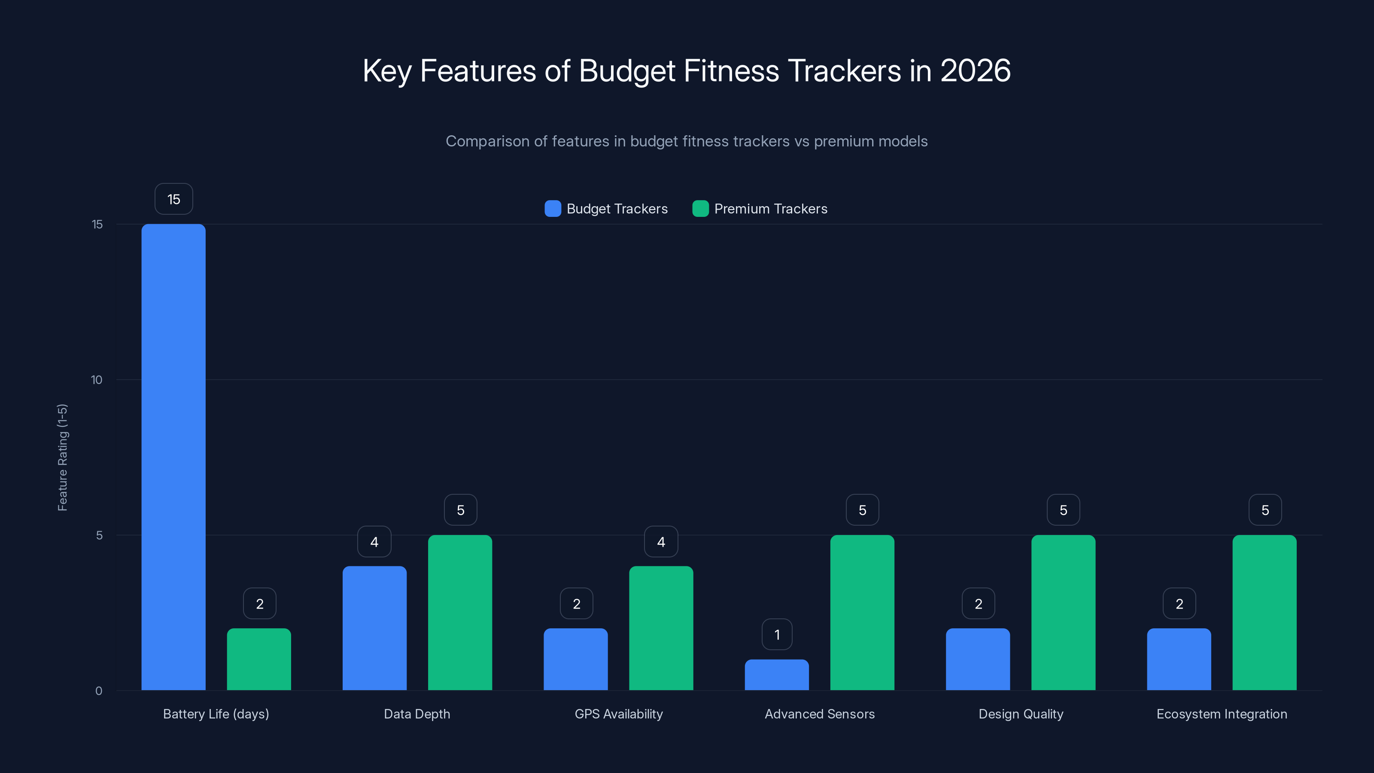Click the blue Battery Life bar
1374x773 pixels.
click(x=173, y=456)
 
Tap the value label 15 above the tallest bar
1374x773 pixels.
click(x=174, y=199)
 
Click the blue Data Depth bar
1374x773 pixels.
click(x=374, y=628)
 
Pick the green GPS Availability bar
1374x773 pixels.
click(x=661, y=628)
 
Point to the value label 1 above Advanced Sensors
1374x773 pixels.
click(x=777, y=634)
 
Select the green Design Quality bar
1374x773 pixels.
click(x=1063, y=612)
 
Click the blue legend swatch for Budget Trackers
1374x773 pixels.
click(x=553, y=209)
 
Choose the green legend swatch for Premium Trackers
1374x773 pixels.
click(x=700, y=209)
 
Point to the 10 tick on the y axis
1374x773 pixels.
click(x=97, y=380)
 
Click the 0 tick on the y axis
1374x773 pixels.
click(x=99, y=691)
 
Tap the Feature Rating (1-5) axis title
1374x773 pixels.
click(x=62, y=457)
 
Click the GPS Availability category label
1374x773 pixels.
click(x=619, y=714)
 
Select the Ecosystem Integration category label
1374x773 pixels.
click(x=1222, y=714)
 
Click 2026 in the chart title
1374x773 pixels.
click(x=975, y=70)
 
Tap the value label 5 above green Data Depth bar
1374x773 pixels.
click(x=461, y=510)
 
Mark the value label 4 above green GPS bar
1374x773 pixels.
click(x=661, y=542)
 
